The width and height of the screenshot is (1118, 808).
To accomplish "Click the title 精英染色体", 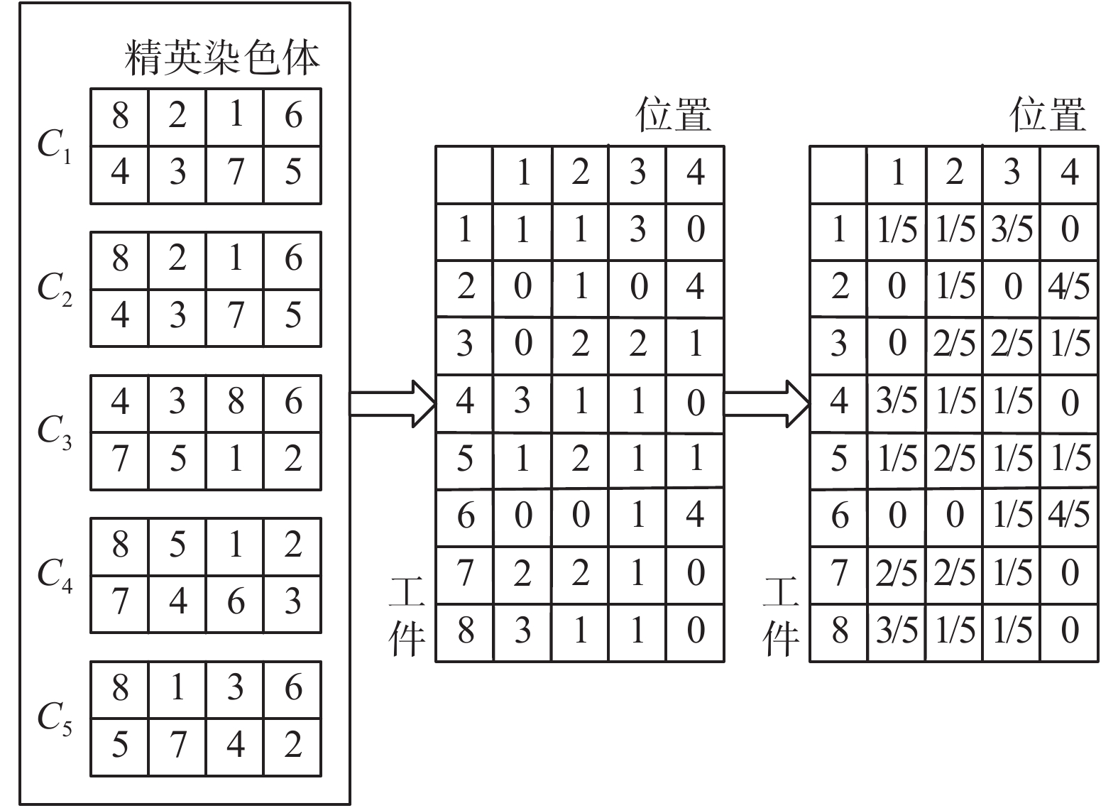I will point(222,58).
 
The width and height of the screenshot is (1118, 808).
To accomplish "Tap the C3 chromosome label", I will point(55,432).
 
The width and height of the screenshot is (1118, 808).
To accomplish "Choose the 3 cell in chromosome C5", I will point(235,689).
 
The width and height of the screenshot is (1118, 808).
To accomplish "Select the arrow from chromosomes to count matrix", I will point(393,404).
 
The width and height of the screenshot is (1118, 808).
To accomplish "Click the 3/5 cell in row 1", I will point(1012,231).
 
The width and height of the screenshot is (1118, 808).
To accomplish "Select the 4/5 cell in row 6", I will point(1069,517).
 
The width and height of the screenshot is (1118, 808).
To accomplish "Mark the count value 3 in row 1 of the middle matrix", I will point(637,231).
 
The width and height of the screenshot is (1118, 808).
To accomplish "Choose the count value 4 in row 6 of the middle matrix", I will point(695,517).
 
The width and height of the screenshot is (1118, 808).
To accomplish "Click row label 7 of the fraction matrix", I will point(839,574).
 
